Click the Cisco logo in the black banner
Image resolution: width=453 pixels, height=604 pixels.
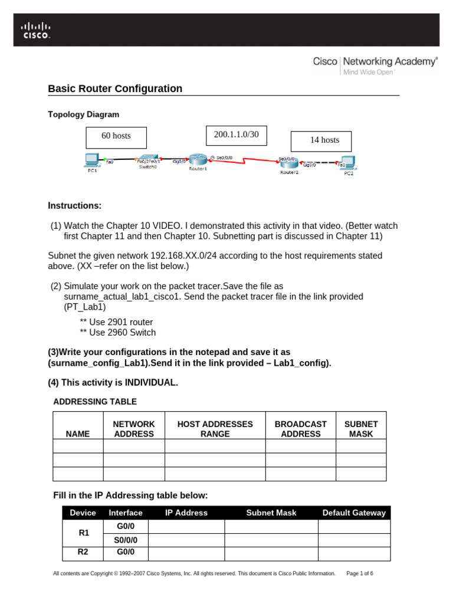pos(37,29)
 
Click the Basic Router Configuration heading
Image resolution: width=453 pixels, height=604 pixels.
pos(115,88)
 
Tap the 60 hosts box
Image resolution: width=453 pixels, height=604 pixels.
pos(116,136)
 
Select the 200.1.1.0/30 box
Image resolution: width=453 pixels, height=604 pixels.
pos(236,135)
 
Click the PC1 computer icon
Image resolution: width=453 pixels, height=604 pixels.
pos(91,159)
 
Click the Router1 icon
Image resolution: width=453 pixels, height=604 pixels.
pos(197,160)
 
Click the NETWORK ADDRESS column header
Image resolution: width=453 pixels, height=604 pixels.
pos(134,429)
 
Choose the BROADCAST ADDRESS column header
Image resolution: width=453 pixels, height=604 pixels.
pos(300,429)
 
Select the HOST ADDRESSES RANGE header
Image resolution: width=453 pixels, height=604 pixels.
pos(215,429)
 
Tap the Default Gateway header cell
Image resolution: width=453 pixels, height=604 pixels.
pos(354,513)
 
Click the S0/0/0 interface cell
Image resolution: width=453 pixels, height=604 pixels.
pos(126,540)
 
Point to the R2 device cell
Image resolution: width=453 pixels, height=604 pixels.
pos(83,553)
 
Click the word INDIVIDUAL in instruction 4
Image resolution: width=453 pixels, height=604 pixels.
pos(151,383)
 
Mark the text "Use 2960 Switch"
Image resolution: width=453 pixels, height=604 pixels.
pos(122,333)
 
